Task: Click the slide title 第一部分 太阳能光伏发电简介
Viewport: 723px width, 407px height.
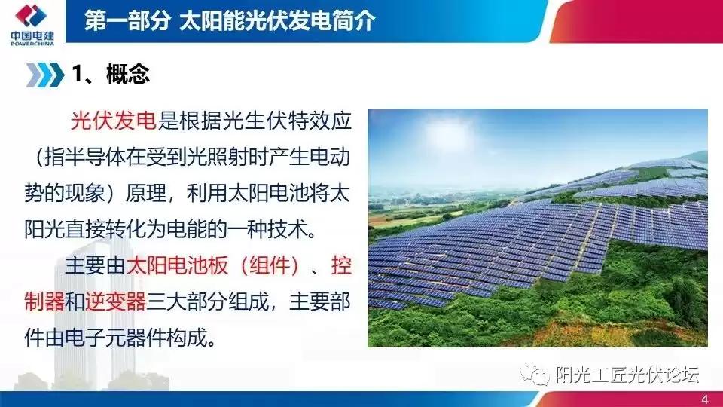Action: tap(229, 21)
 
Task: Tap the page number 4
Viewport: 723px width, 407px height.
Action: tap(704, 399)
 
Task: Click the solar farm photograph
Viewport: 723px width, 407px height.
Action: tap(537, 227)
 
